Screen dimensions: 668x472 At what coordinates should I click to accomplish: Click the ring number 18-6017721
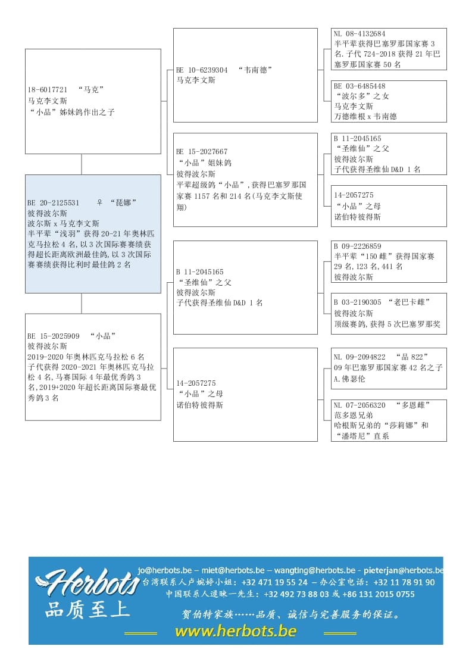[x=47, y=90]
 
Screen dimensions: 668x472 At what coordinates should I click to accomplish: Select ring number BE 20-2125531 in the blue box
[x=54, y=202]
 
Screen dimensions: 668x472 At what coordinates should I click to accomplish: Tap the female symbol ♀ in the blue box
[x=99, y=202]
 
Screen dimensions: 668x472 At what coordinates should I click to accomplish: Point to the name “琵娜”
[x=123, y=202]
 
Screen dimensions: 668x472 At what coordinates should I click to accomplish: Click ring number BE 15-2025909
[x=54, y=336]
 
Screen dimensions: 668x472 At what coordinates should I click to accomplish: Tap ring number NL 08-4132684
[x=360, y=34]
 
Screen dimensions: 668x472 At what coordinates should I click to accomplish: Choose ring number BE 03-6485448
[x=360, y=86]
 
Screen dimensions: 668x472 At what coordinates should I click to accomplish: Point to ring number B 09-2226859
[x=357, y=246]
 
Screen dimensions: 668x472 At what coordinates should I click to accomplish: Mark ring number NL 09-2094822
[x=360, y=357]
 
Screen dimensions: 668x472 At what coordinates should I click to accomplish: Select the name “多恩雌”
[x=412, y=405]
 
